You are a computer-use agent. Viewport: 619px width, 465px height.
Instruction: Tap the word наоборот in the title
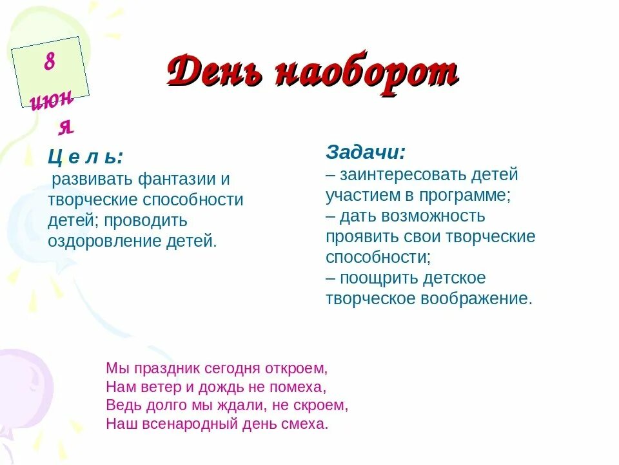pos(367,72)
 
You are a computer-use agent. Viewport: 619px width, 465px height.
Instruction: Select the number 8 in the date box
pos(50,63)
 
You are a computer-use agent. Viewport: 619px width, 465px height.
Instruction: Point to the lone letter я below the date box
pos(66,127)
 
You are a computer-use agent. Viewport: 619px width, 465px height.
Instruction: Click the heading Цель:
pos(85,157)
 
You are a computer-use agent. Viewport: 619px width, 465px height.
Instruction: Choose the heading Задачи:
pos(366,152)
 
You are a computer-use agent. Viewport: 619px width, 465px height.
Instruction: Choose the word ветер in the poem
pos(153,387)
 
